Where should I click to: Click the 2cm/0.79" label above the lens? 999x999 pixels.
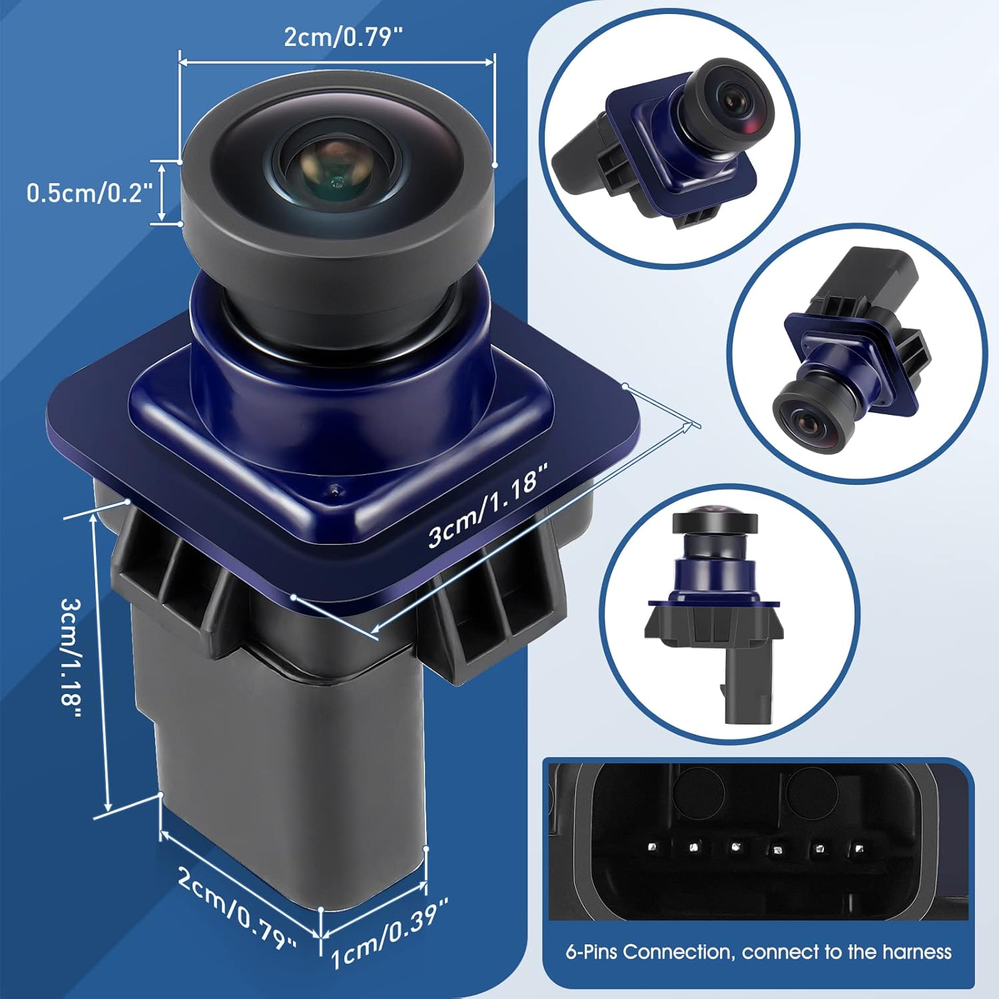coord(344,37)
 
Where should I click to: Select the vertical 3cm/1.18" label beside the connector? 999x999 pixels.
coord(71,657)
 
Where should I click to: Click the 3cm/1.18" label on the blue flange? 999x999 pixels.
coord(488,506)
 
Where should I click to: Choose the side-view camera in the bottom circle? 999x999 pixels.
coord(713,616)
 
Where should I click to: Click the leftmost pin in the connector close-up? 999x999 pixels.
coord(653,848)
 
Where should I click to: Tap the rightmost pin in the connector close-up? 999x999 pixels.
coord(859,849)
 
